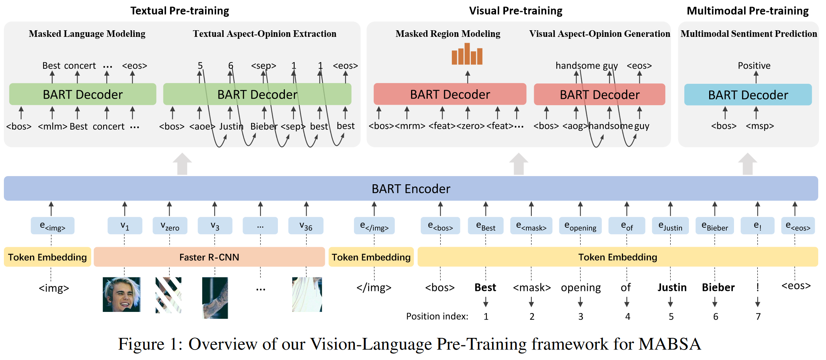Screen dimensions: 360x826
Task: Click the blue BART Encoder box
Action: point(411,189)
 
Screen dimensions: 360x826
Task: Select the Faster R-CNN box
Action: point(209,257)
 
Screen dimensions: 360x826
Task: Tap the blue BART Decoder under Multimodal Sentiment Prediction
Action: point(748,95)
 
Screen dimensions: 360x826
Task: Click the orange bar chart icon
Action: point(467,54)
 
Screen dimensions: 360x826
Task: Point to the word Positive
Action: point(754,66)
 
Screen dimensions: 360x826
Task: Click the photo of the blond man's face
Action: point(121,294)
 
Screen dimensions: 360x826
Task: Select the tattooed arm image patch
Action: point(215,298)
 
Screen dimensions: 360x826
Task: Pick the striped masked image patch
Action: point(168,295)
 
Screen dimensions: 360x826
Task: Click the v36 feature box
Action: point(306,226)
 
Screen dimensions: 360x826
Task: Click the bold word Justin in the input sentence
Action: point(672,287)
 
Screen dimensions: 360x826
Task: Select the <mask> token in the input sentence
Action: point(532,287)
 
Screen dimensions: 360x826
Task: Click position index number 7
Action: point(758,317)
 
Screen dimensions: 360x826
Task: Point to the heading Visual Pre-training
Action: point(515,11)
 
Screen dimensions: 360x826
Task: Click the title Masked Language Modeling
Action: point(87,34)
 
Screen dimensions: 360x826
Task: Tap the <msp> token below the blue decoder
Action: point(760,126)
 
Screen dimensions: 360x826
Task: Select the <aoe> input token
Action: point(202,126)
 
